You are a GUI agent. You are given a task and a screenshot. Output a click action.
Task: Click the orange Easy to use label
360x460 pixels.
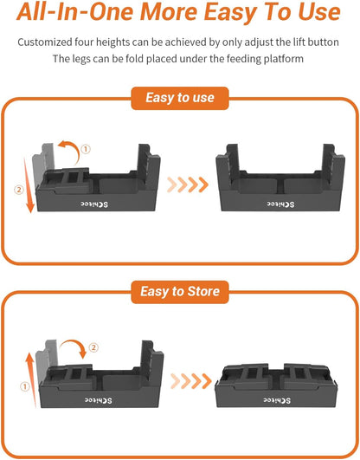(x=179, y=98)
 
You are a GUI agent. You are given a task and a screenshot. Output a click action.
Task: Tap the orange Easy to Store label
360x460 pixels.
(x=179, y=291)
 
